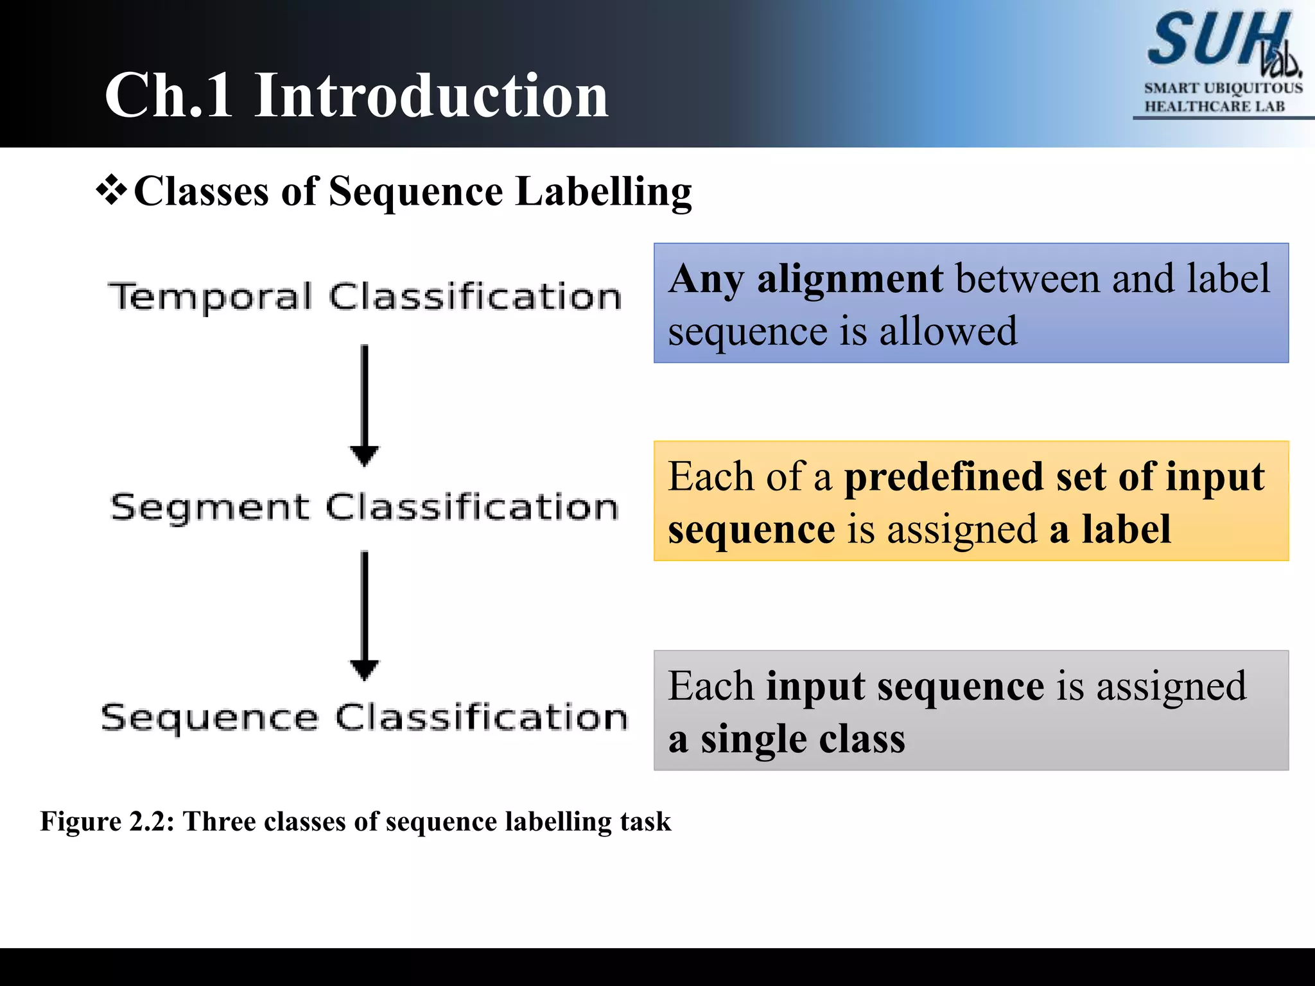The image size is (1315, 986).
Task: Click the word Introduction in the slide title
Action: pyautogui.click(x=431, y=96)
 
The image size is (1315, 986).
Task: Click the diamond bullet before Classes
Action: pyautogui.click(x=112, y=191)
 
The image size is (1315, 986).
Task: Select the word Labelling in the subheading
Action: pyautogui.click(x=604, y=193)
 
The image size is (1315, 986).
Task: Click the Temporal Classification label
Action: pyautogui.click(x=365, y=297)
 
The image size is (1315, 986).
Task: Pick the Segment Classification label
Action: pyautogui.click(x=365, y=507)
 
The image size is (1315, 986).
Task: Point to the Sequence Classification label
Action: pyautogui.click(x=365, y=717)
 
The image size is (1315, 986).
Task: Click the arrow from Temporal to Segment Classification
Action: pyautogui.click(x=364, y=404)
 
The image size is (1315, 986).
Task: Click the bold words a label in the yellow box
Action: pyautogui.click(x=1110, y=530)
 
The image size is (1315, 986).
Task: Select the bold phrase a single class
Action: pyautogui.click(x=787, y=739)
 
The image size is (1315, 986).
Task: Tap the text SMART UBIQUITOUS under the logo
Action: pyautogui.click(x=1223, y=88)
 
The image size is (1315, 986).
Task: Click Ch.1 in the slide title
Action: pyautogui.click(x=169, y=96)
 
